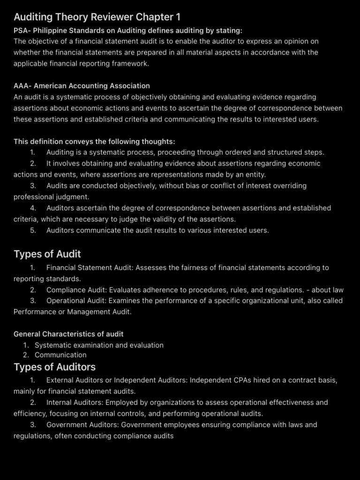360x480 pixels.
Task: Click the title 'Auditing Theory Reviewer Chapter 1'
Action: coord(97,17)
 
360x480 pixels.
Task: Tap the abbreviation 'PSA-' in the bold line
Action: coord(22,30)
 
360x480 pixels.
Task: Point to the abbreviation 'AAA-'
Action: coord(22,86)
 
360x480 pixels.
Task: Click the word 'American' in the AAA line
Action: coord(50,86)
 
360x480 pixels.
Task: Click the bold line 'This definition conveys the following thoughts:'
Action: coord(94,142)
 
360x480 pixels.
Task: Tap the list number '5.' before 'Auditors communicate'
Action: coord(33,230)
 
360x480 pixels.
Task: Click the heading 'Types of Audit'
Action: coord(47,254)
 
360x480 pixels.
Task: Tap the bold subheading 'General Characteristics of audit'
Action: coord(68,334)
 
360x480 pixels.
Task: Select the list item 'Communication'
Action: coord(60,355)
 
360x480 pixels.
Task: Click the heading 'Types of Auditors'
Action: coord(54,367)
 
